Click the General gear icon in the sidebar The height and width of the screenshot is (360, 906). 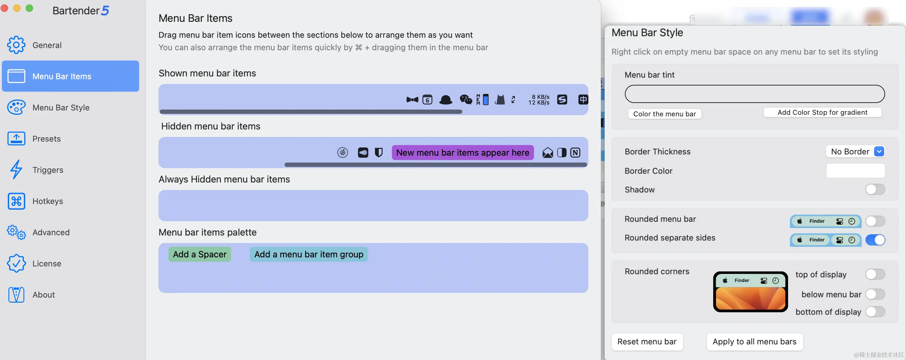[x=16, y=45]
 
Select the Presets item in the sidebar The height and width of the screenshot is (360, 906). [x=46, y=139]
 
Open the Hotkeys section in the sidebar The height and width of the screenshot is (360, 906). [x=47, y=201]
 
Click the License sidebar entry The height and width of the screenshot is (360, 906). [x=46, y=264]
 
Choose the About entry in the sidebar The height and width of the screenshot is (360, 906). [x=44, y=294]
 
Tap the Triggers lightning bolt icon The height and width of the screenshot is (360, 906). [x=16, y=170]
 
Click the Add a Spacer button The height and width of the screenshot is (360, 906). [x=199, y=254]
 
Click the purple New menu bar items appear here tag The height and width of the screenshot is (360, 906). [x=462, y=153]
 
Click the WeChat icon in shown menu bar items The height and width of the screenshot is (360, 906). [x=466, y=100]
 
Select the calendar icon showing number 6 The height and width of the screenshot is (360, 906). [x=427, y=100]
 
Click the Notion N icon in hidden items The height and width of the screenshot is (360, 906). [x=575, y=153]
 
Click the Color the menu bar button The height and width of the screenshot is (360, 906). [x=665, y=114]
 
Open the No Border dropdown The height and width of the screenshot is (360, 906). [x=855, y=152]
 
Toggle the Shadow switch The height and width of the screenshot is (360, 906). [x=875, y=189]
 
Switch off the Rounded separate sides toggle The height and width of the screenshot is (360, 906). [x=875, y=240]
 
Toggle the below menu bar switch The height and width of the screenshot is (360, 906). [x=875, y=294]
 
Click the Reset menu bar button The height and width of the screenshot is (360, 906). [x=647, y=342]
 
